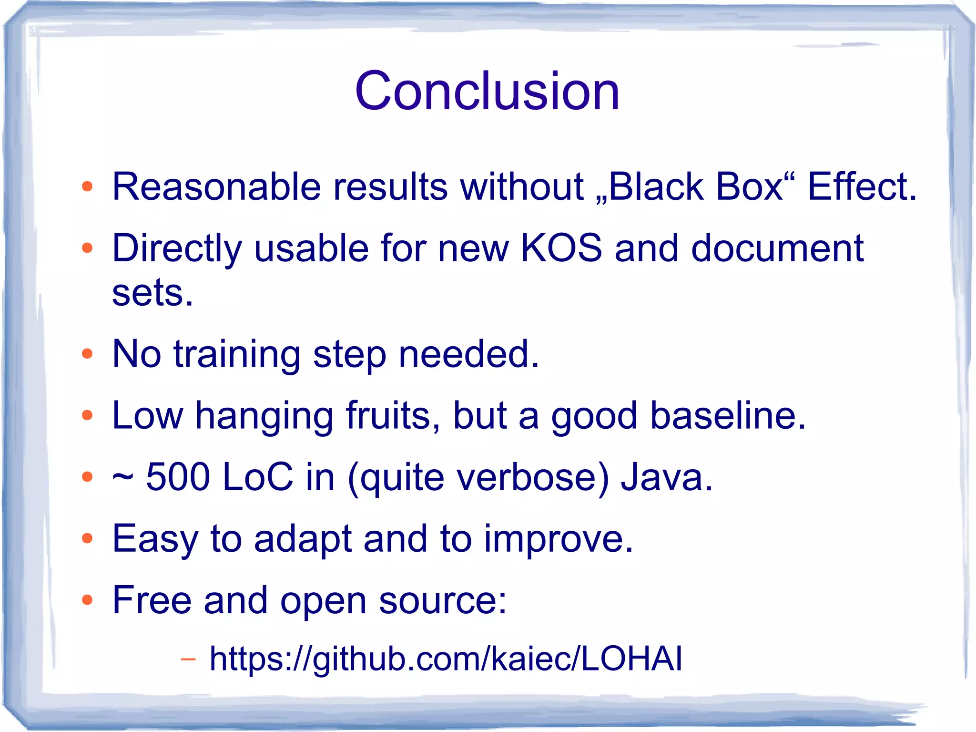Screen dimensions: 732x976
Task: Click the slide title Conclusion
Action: tap(487, 91)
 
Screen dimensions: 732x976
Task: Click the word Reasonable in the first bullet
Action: tap(216, 186)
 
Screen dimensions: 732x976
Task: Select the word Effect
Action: tap(862, 186)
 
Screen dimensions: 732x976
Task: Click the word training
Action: tap(237, 355)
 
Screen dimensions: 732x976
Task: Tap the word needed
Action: tap(468, 354)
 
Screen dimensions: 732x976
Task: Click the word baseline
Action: tap(728, 415)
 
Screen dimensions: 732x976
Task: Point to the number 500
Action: tap(178, 477)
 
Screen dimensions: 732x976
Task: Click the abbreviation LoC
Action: tap(257, 477)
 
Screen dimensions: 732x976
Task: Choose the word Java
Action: tap(666, 477)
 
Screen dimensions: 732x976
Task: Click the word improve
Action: tap(559, 539)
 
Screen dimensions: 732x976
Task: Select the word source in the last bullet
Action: tap(443, 600)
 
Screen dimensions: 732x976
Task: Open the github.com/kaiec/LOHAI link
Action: tap(446, 659)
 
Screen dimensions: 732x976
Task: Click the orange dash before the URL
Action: tap(188, 660)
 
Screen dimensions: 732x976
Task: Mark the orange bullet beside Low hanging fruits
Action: tap(87, 415)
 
